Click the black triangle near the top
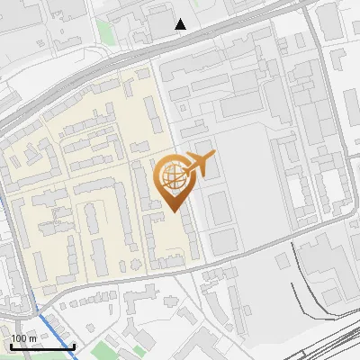coord(181,24)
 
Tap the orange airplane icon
coord(200,165)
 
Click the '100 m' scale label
coord(23,338)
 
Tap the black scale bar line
coord(41,346)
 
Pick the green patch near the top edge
coord(105,32)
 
